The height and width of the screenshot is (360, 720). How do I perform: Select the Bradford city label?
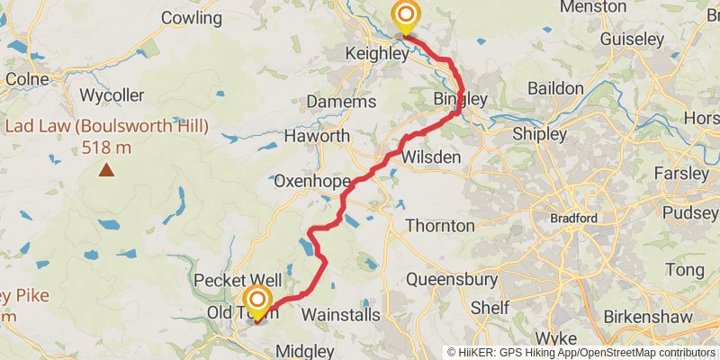coord(575,219)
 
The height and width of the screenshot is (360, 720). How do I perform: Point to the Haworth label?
coord(316,136)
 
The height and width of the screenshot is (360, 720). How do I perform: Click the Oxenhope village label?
coord(311,182)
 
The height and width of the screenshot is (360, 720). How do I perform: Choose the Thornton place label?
coord(439,225)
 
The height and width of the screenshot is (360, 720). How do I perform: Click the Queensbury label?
coord(452,280)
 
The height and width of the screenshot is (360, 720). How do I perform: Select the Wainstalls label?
coord(340,315)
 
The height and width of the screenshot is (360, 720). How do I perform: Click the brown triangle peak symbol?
coord(107,168)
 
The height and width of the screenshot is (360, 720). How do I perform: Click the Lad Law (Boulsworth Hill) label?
coord(106,126)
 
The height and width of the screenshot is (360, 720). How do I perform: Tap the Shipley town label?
coord(539,134)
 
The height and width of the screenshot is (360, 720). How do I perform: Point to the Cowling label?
coord(191,18)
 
